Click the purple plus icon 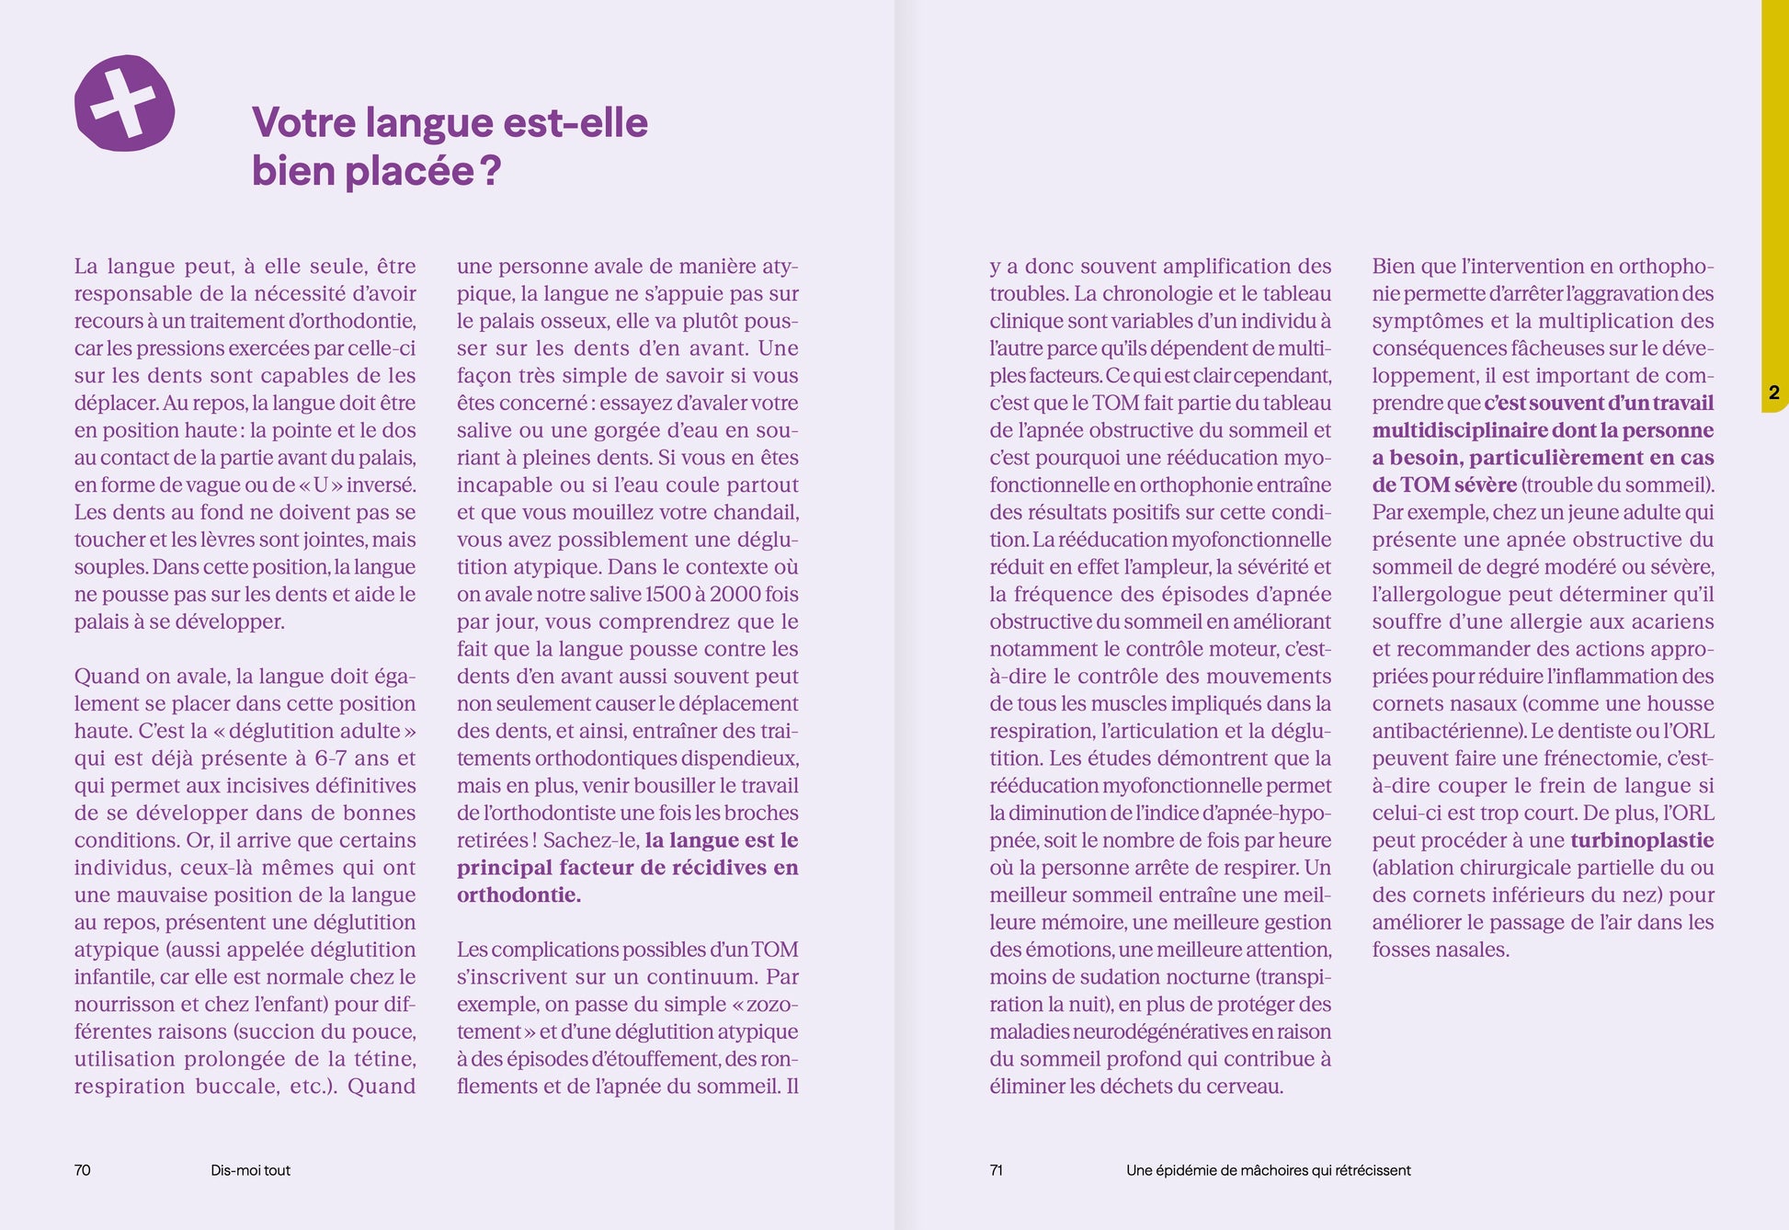point(124,103)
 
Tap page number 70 point(83,1170)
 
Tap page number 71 point(996,1170)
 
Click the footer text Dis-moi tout point(250,1170)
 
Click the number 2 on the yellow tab point(1773,393)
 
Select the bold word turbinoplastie point(1642,840)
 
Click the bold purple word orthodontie point(518,895)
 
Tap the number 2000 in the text point(735,595)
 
